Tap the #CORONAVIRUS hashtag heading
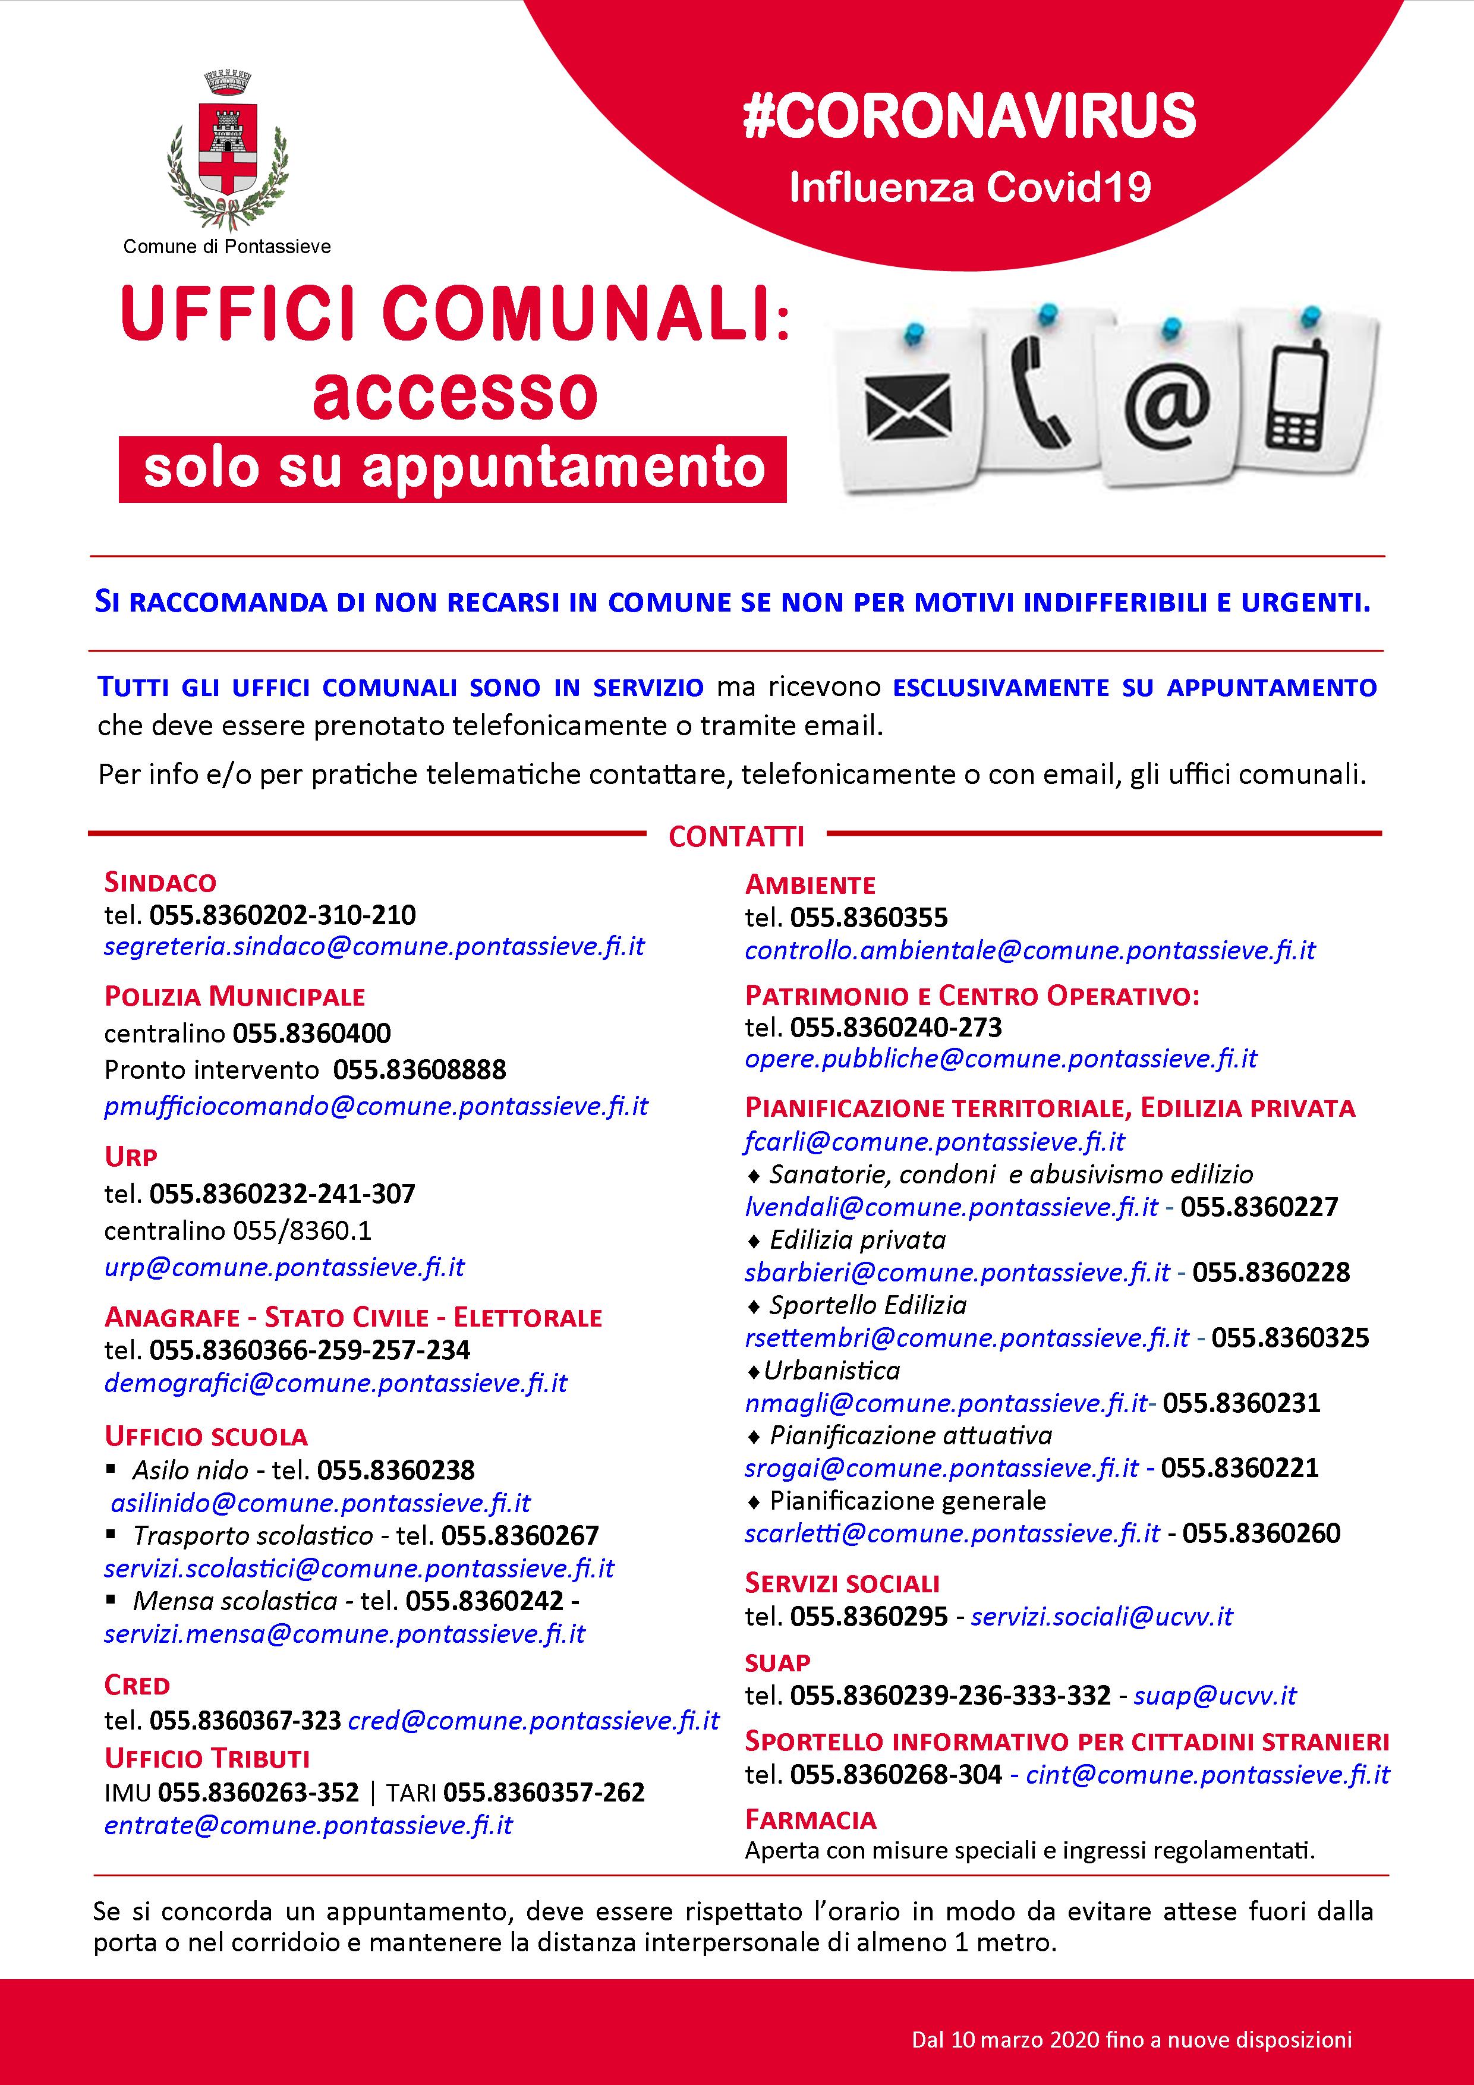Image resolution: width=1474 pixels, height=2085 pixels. coord(969,116)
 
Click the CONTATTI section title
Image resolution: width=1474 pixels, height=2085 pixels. coord(736,836)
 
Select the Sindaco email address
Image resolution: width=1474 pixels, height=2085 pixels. coord(374,946)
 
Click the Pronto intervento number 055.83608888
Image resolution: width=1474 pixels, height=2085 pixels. coord(420,1070)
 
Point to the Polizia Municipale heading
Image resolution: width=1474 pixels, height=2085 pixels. coord(234,996)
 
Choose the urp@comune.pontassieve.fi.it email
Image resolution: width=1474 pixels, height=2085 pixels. coord(284,1267)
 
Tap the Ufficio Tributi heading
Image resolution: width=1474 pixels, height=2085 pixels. coord(207,1758)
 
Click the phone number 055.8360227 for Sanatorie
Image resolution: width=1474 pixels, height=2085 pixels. coord(1259,1207)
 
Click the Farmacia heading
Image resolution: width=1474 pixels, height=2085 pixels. coord(810,1820)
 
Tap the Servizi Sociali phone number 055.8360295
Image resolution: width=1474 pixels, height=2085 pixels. coord(869,1617)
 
